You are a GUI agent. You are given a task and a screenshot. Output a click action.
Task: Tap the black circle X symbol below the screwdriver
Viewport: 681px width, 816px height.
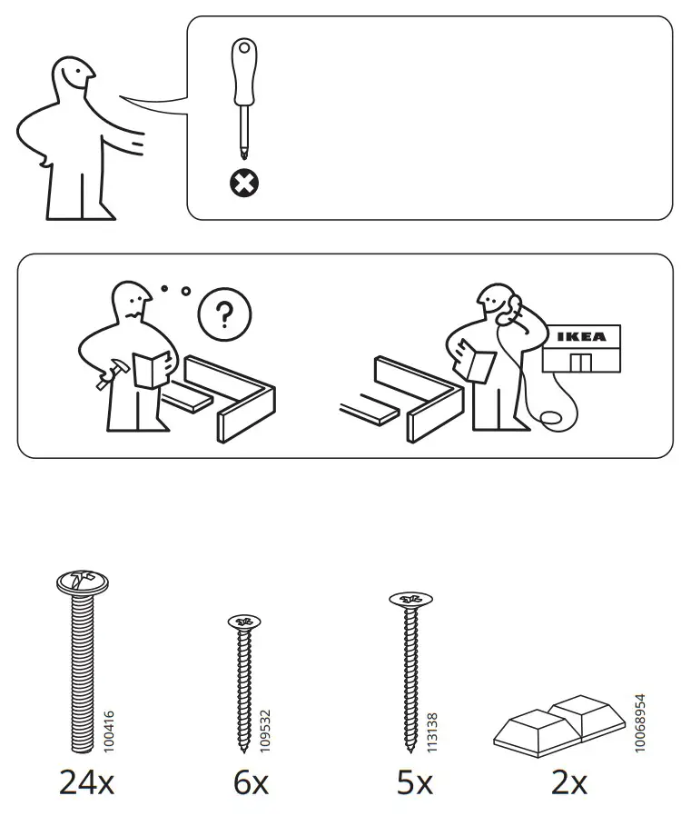click(x=242, y=184)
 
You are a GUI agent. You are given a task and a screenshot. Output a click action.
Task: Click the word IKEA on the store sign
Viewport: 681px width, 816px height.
click(x=581, y=337)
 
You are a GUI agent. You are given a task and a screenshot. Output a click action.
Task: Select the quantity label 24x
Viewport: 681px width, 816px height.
click(x=87, y=781)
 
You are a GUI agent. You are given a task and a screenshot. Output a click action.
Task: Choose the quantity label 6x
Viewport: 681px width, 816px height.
click(x=251, y=781)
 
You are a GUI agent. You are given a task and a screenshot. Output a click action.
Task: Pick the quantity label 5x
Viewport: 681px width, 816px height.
click(x=415, y=781)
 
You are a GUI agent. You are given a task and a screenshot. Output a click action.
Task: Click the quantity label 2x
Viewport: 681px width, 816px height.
click(x=569, y=781)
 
